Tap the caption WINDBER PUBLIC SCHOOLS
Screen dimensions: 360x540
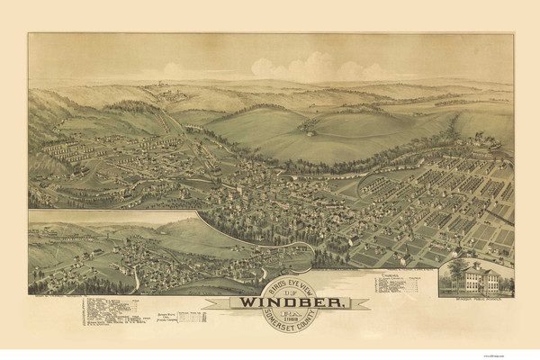474,299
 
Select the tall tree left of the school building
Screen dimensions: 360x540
449,275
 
